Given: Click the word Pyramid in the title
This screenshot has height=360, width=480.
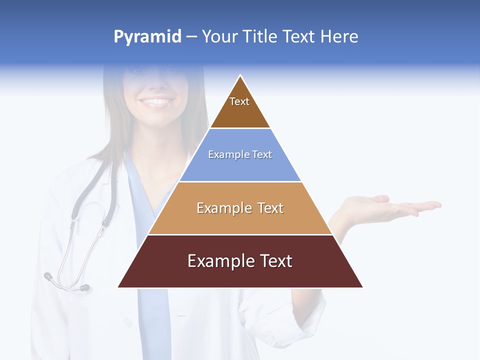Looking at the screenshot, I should click(147, 37).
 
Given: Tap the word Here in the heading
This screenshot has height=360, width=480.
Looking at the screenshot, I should click(339, 36).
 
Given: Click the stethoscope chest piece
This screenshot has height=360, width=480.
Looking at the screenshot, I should click(84, 287).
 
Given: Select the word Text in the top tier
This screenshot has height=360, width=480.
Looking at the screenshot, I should click(239, 101).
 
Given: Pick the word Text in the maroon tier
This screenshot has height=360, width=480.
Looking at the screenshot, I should click(273, 261).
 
